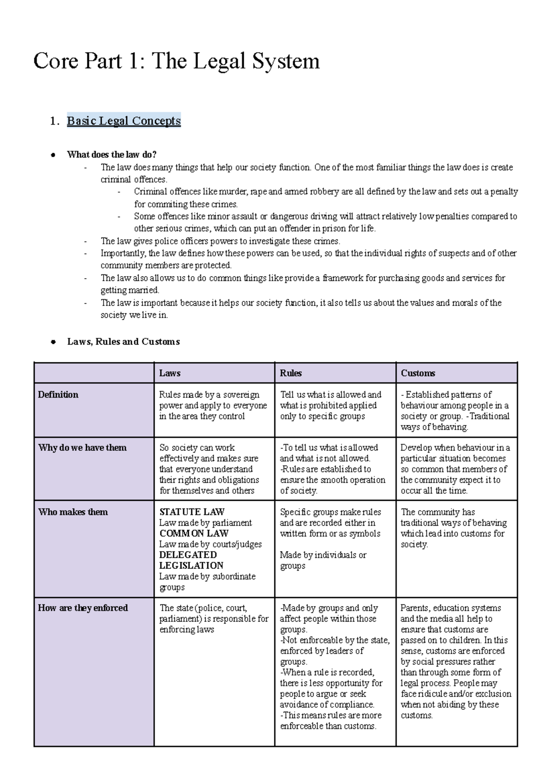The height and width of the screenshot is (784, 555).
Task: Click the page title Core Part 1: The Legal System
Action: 176,61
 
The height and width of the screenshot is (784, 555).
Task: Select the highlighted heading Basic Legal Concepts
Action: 123,121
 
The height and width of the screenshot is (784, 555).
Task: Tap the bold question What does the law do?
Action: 111,155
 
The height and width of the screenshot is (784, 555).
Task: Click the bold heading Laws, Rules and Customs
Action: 123,342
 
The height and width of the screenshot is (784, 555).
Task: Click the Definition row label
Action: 58,395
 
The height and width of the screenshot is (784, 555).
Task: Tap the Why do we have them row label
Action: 82,448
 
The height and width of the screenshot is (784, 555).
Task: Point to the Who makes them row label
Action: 73,512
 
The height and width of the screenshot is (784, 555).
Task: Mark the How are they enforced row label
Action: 83,608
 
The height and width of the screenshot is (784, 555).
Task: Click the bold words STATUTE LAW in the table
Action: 191,512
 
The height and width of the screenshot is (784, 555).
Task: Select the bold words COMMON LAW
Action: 194,533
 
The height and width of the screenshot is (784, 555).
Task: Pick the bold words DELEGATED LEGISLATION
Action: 191,560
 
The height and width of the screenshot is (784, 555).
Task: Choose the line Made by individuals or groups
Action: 322,560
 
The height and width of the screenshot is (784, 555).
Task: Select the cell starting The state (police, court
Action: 213,618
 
